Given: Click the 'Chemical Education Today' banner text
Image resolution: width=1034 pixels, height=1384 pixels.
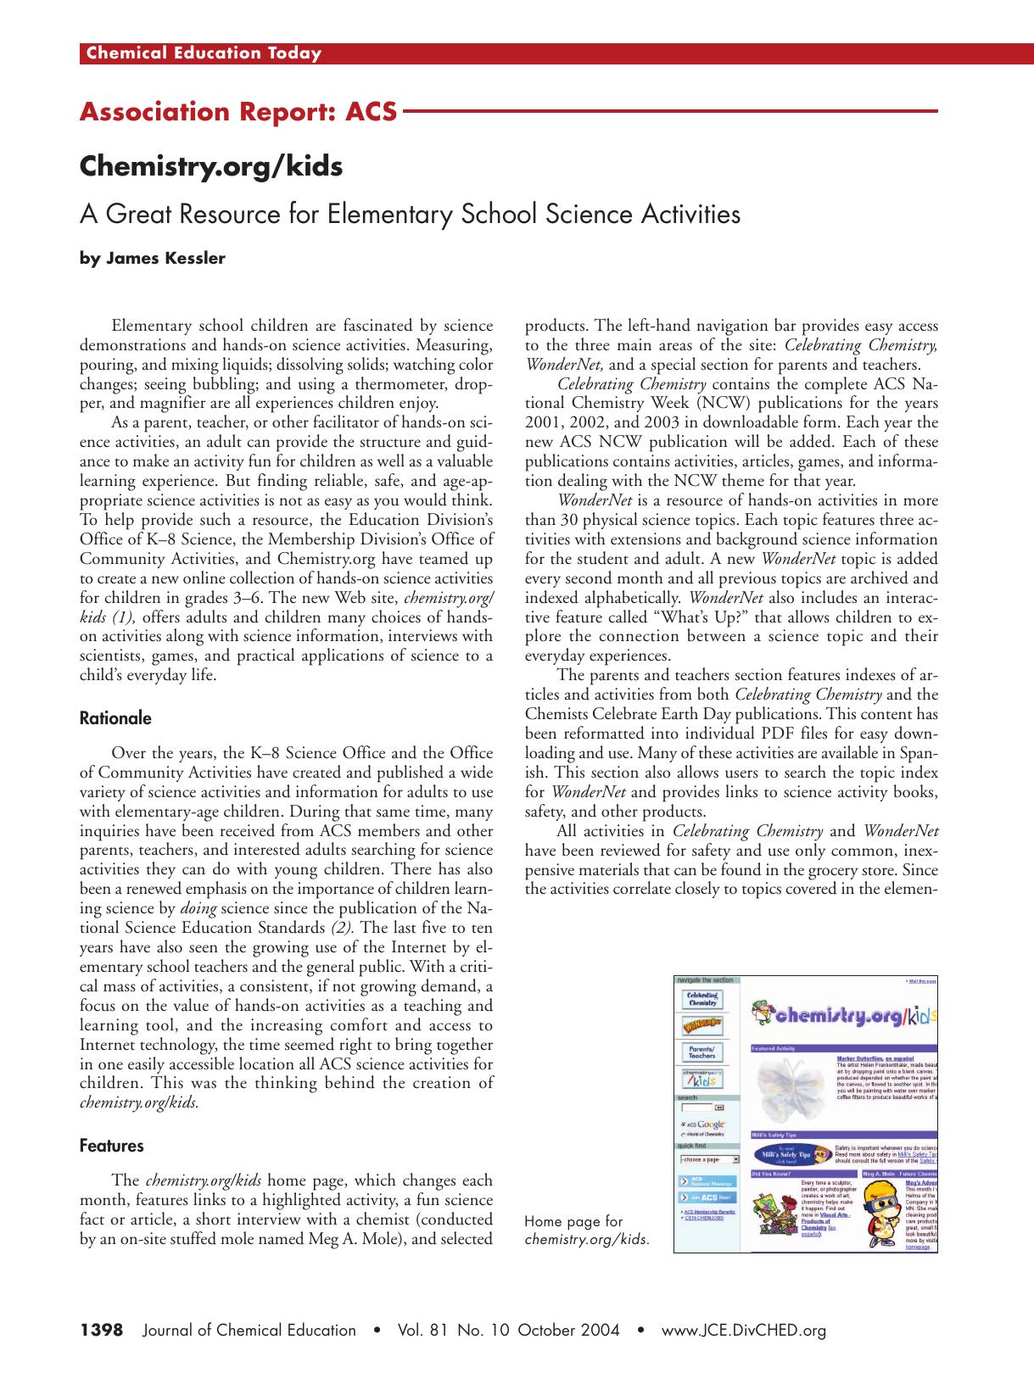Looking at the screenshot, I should (x=204, y=53).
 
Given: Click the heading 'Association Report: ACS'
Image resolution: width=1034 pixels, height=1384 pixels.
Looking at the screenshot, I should (x=238, y=112).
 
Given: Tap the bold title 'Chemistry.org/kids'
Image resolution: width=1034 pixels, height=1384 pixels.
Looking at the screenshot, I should (x=210, y=166).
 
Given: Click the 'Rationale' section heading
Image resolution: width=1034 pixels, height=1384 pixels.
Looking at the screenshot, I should (x=115, y=718).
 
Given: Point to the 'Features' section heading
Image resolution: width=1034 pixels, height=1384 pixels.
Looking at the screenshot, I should (x=111, y=1146).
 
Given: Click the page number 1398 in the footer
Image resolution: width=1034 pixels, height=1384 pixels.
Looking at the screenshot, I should (x=102, y=1330).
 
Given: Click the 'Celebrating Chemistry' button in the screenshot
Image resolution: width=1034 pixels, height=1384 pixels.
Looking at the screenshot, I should (x=702, y=999).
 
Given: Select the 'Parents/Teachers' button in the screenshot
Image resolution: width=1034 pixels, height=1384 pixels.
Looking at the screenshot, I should (x=702, y=1052).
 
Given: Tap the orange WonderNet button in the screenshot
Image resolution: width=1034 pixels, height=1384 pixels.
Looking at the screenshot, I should (x=702, y=1026).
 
